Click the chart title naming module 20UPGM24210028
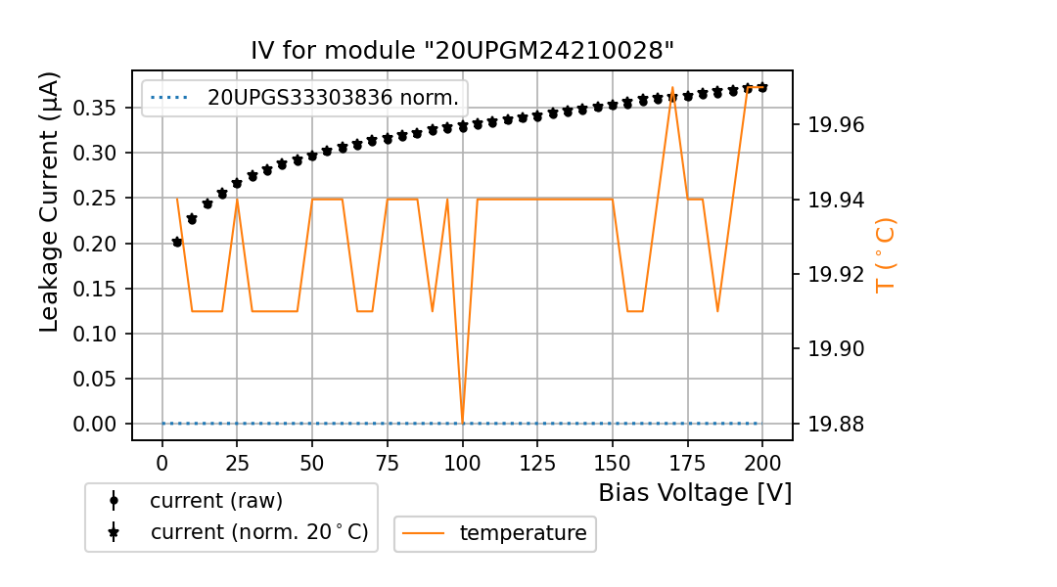click(462, 51)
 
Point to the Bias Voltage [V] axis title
click(695, 493)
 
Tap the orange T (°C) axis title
click(885, 254)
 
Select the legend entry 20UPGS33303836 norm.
click(333, 98)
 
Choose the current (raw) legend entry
click(215, 501)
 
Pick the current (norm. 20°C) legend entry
click(258, 532)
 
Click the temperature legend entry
click(523, 533)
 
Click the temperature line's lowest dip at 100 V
click(462, 422)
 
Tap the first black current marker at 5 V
click(177, 242)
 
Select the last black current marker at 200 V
click(762, 87)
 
